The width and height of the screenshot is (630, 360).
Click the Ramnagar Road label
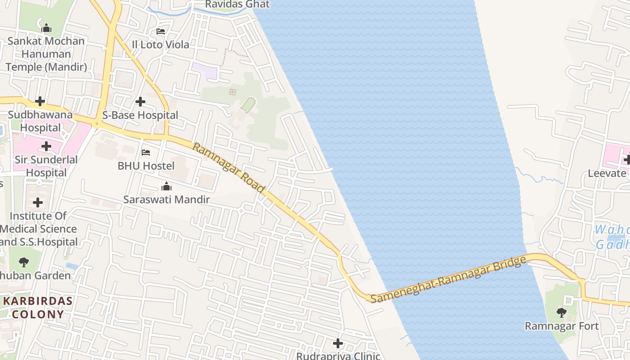[228, 167]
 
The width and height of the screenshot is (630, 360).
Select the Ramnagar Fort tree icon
[561, 312]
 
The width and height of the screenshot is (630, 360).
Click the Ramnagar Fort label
[562, 326]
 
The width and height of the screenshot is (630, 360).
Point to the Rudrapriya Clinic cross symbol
[338, 343]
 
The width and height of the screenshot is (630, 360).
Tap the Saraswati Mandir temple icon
[166, 186]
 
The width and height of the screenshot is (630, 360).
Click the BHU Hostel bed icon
[146, 153]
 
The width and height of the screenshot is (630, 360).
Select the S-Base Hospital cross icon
[140, 102]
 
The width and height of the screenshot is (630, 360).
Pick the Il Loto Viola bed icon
[161, 31]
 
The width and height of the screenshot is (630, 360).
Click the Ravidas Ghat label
[237, 4]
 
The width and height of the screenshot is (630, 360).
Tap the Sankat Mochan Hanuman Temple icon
[46, 28]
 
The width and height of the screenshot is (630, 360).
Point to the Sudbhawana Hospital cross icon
[40, 101]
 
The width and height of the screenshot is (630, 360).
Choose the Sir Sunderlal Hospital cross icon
[46, 146]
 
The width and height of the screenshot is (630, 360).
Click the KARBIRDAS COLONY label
[38, 307]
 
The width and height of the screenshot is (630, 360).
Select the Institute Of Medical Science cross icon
[38, 202]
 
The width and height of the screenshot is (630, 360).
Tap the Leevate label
[607, 173]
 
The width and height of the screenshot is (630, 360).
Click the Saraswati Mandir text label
[166, 199]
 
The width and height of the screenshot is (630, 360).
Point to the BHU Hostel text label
[146, 166]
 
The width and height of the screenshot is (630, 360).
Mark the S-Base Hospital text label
[140, 115]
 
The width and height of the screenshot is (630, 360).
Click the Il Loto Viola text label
[160, 45]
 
